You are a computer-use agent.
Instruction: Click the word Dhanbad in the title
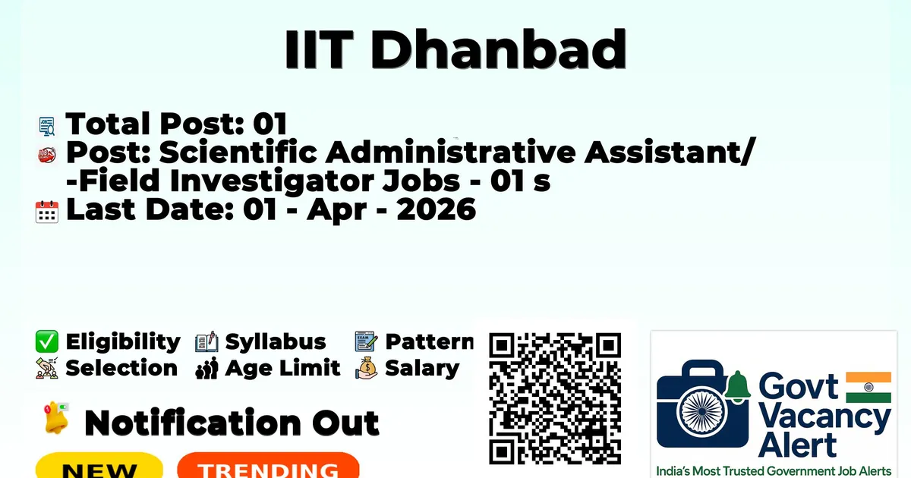click(498, 49)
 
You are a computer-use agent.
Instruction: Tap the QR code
click(555, 398)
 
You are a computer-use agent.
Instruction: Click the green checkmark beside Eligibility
click(47, 341)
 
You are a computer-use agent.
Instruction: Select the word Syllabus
click(276, 342)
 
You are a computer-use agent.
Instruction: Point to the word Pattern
click(430, 341)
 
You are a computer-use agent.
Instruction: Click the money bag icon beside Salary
click(367, 368)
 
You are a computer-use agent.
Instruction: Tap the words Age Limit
click(282, 368)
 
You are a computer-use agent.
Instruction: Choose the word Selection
click(121, 368)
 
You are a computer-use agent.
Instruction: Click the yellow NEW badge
click(99, 465)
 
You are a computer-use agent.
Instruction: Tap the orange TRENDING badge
click(269, 465)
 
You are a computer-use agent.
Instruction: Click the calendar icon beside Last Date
click(47, 212)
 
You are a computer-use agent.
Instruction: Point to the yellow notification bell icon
click(56, 418)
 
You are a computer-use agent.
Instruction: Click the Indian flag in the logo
click(868, 388)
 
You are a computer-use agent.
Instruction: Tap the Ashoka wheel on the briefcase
click(702, 411)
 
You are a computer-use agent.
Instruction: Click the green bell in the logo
click(737, 386)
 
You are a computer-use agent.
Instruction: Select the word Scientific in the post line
click(238, 153)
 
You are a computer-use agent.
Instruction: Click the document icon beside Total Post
click(47, 126)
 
